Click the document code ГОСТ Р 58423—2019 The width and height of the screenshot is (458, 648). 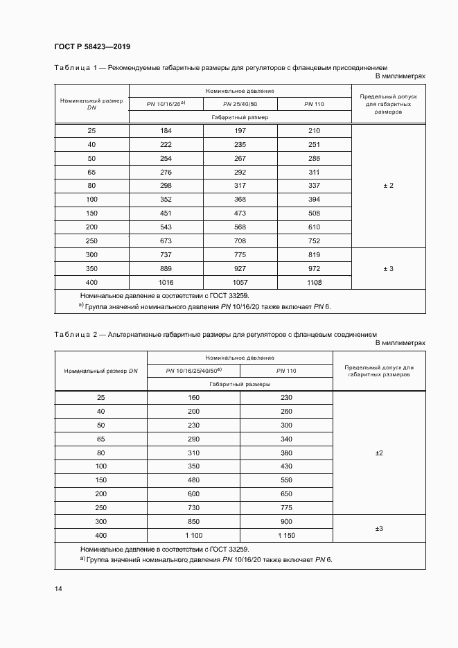(x=92, y=47)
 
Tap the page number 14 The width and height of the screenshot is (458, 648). (x=58, y=588)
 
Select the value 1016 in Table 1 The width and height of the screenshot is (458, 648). (x=166, y=283)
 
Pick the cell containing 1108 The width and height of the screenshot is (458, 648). (x=314, y=283)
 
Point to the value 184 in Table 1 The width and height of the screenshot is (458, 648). (x=166, y=131)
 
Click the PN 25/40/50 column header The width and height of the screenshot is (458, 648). (x=240, y=104)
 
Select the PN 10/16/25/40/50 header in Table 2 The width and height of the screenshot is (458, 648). (x=193, y=371)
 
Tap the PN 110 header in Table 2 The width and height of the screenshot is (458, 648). (x=286, y=371)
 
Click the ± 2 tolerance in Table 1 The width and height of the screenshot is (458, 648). (x=388, y=186)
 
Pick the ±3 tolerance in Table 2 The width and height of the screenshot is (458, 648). (x=379, y=529)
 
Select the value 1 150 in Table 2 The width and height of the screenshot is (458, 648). (x=286, y=536)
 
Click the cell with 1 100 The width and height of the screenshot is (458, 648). (x=193, y=536)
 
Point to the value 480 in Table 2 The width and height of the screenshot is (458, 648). (x=193, y=480)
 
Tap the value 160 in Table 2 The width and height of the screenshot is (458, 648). (x=193, y=398)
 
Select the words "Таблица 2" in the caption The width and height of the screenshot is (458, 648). (x=72, y=335)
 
